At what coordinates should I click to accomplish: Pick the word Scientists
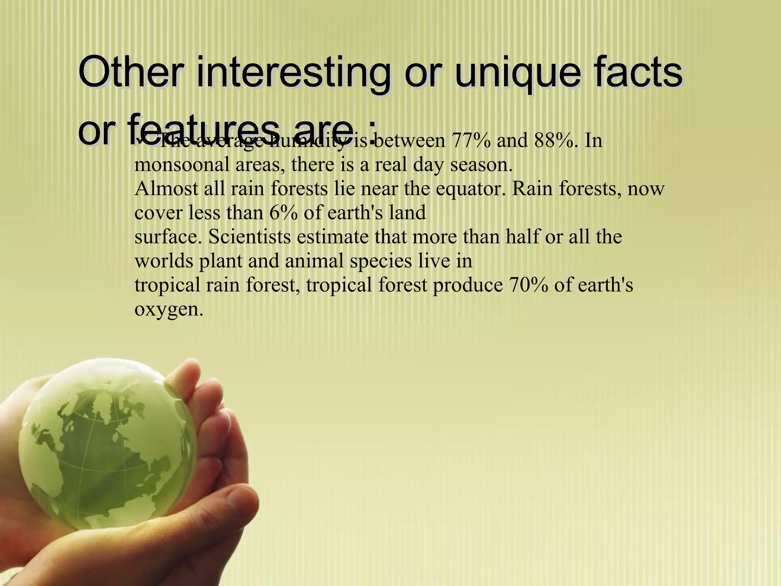coord(249,237)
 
